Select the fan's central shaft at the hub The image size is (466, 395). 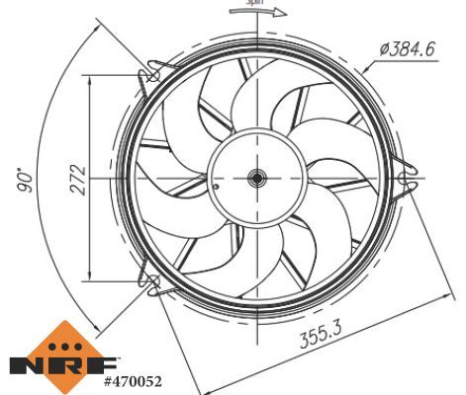pyautogui.click(x=256, y=179)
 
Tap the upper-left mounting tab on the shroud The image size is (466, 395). pyautogui.click(x=152, y=75)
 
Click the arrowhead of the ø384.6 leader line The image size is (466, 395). pyautogui.click(x=366, y=69)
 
